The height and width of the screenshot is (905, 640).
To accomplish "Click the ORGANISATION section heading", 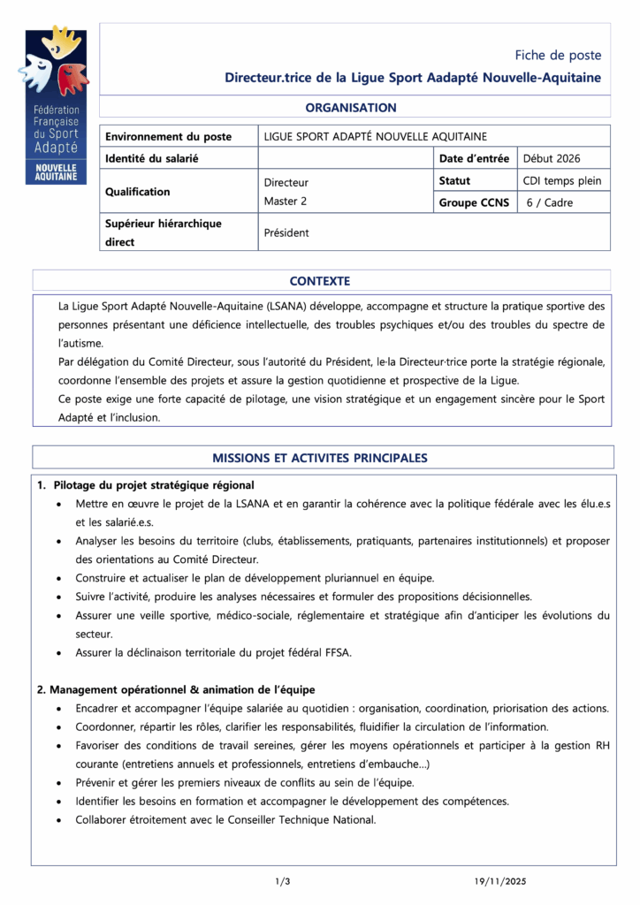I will (351, 108).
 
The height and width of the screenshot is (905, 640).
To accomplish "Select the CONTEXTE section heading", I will (320, 281).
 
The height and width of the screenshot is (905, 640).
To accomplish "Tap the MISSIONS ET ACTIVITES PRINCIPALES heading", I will (320, 458).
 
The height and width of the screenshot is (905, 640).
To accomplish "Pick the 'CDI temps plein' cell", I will (562, 181).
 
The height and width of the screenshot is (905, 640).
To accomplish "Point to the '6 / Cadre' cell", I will (550, 202).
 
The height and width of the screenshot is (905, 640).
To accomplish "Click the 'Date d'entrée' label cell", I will (474, 159).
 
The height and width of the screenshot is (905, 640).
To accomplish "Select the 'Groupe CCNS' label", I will (474, 202).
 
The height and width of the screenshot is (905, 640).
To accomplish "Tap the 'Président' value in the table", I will (286, 233).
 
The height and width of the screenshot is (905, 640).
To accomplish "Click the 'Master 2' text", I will (286, 202).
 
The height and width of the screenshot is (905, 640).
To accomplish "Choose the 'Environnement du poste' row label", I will (169, 137).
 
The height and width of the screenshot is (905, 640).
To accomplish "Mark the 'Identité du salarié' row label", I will (151, 159).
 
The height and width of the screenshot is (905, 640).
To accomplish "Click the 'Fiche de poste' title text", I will (558, 55).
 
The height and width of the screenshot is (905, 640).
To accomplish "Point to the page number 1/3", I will (283, 881).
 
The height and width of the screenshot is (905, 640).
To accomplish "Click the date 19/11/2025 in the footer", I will (500, 881).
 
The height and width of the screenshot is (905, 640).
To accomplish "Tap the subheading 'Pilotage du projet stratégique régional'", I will (153, 485).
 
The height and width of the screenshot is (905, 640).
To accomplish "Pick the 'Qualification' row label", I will (138, 192).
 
